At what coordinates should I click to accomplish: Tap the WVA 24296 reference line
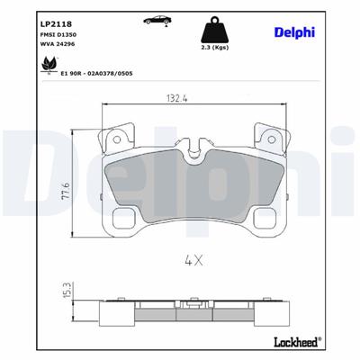(x=31, y=42)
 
